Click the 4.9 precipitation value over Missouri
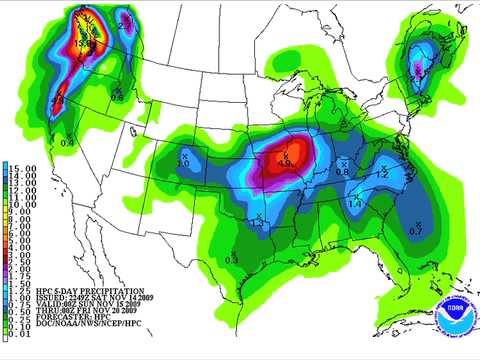(x=287, y=164)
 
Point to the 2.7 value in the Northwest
(x=124, y=21)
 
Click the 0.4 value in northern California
(x=67, y=143)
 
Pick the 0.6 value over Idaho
(x=117, y=97)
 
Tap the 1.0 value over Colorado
(x=183, y=162)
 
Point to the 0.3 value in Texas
(x=232, y=260)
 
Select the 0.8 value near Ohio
(x=342, y=172)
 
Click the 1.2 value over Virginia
(x=382, y=174)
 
